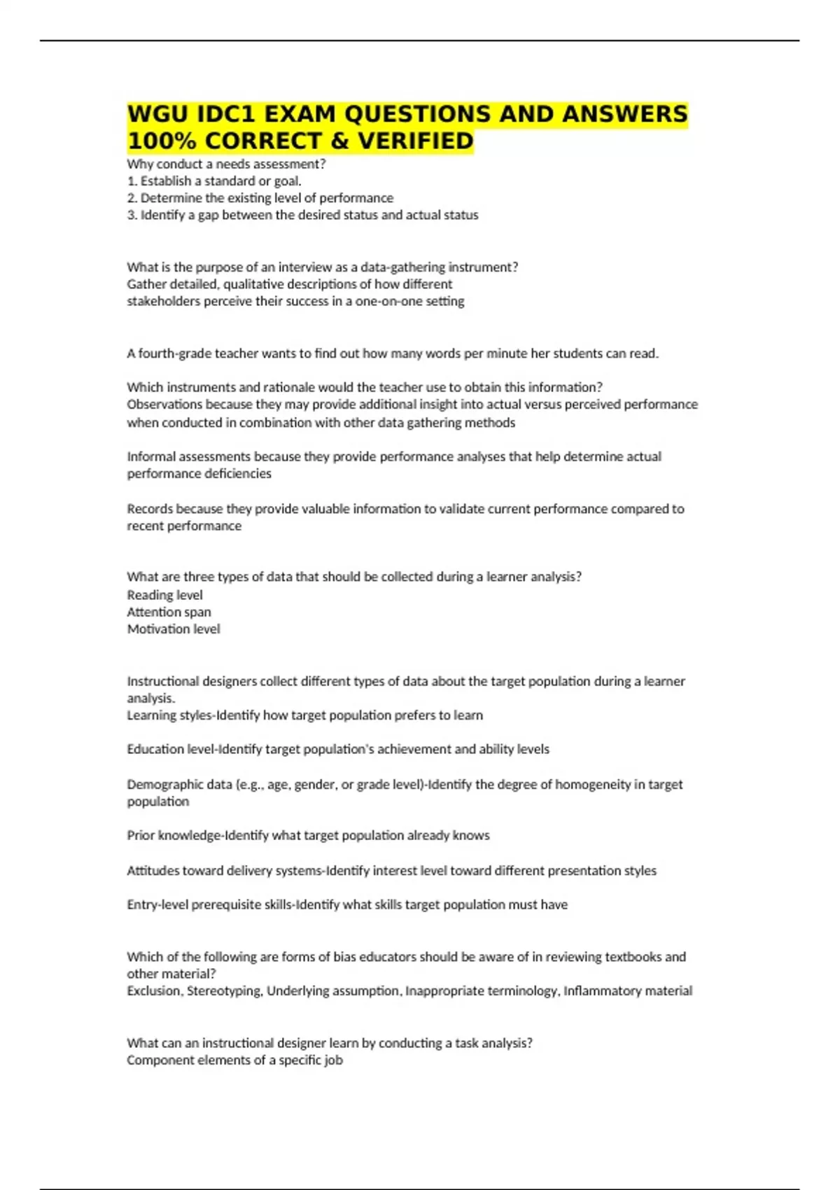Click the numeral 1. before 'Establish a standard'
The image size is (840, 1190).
[132, 181]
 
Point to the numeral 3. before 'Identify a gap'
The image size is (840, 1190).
[132, 216]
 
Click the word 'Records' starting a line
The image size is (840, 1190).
[150, 509]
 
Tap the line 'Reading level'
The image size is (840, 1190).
[164, 595]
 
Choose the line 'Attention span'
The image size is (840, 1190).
[169, 612]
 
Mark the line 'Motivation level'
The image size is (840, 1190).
[174, 629]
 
